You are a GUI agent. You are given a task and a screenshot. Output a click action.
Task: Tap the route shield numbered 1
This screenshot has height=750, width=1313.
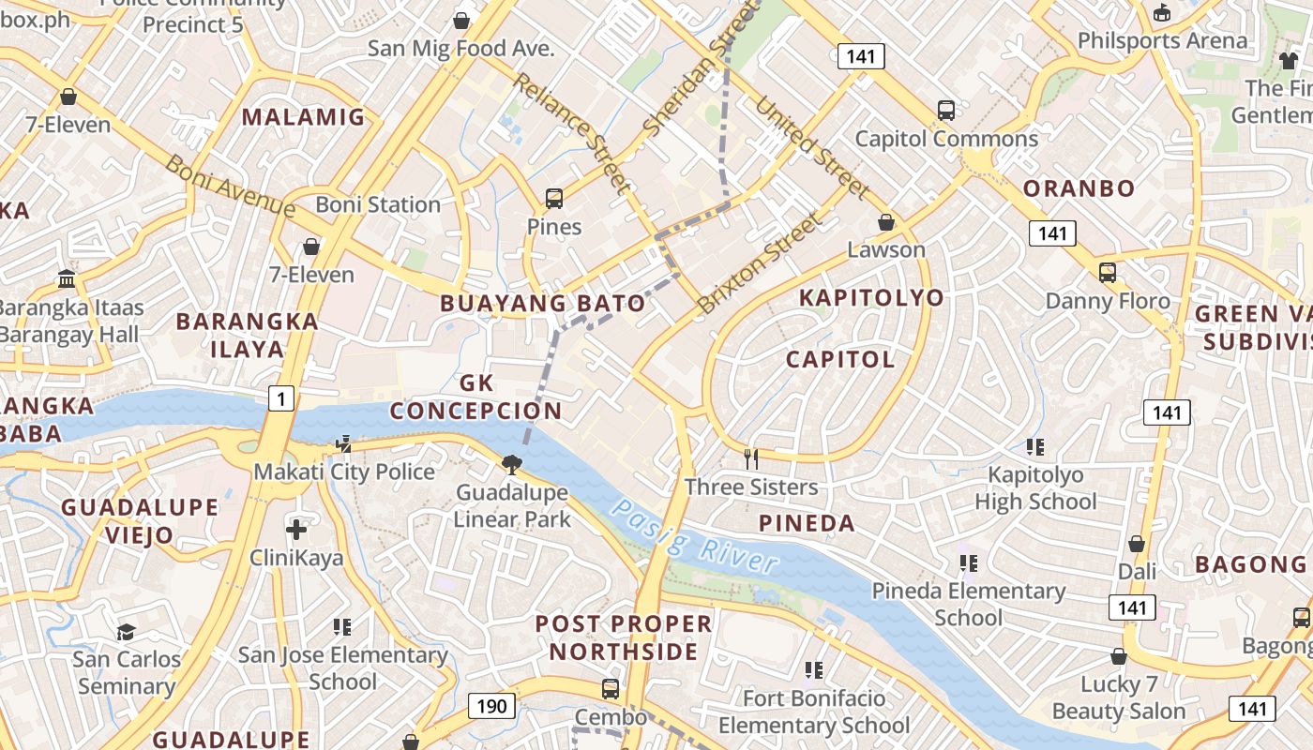click(281, 399)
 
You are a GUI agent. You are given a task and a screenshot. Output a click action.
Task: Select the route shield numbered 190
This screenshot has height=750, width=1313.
click(490, 706)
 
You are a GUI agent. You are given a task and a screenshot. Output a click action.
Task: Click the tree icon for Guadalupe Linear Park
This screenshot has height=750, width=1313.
click(512, 463)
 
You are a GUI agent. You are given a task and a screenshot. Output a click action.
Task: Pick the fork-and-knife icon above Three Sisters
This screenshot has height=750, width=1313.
click(750, 458)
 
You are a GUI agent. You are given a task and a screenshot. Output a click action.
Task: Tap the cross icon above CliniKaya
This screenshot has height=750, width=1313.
click(296, 530)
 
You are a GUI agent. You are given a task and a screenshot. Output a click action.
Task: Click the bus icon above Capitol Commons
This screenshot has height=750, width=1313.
click(946, 111)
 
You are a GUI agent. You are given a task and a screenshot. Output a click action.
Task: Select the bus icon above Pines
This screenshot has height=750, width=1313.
click(554, 199)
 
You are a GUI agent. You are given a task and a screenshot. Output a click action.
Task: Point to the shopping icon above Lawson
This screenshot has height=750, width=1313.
click(886, 222)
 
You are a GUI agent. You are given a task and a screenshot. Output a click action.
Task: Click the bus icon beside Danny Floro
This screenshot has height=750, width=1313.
click(1108, 273)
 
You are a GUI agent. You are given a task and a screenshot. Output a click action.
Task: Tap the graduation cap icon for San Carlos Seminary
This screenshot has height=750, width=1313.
click(126, 632)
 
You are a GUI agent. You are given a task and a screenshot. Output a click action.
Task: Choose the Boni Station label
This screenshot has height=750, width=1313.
click(378, 204)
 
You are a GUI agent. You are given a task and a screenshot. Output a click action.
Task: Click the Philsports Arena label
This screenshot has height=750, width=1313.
click(1162, 40)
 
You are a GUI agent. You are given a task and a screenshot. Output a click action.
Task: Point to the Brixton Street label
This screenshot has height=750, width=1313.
click(760, 264)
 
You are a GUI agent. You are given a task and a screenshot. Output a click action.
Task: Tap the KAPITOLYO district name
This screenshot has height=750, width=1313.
click(871, 298)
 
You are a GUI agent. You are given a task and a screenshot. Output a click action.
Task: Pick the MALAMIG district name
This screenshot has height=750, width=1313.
click(303, 117)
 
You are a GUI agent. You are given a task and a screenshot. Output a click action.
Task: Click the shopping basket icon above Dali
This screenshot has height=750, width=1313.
click(1137, 544)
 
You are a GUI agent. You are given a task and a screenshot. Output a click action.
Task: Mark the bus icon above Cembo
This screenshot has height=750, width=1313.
click(611, 689)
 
